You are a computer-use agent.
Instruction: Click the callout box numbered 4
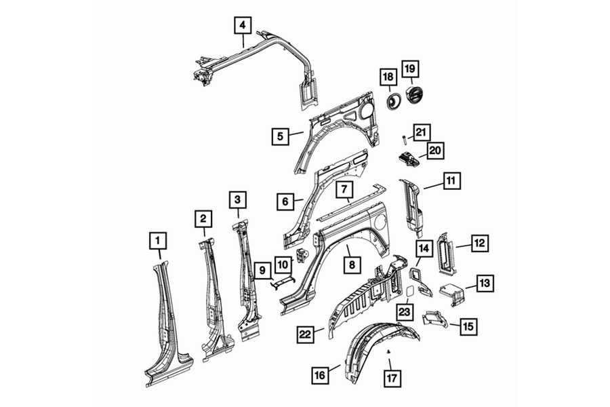(x=243, y=25)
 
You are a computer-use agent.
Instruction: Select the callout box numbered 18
(x=388, y=77)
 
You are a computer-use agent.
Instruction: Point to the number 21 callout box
(x=421, y=132)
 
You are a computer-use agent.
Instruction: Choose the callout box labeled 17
(x=392, y=378)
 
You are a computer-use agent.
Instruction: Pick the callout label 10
(x=283, y=265)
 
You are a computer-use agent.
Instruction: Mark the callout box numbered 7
(x=344, y=190)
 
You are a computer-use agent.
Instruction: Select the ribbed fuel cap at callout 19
(x=414, y=96)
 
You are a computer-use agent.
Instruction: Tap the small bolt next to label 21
(x=405, y=138)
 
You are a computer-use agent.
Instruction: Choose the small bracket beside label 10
(x=302, y=256)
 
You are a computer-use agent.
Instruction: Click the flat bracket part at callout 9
(x=283, y=282)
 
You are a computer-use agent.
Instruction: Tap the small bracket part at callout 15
(x=434, y=319)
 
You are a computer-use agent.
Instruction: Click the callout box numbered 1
(x=157, y=241)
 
